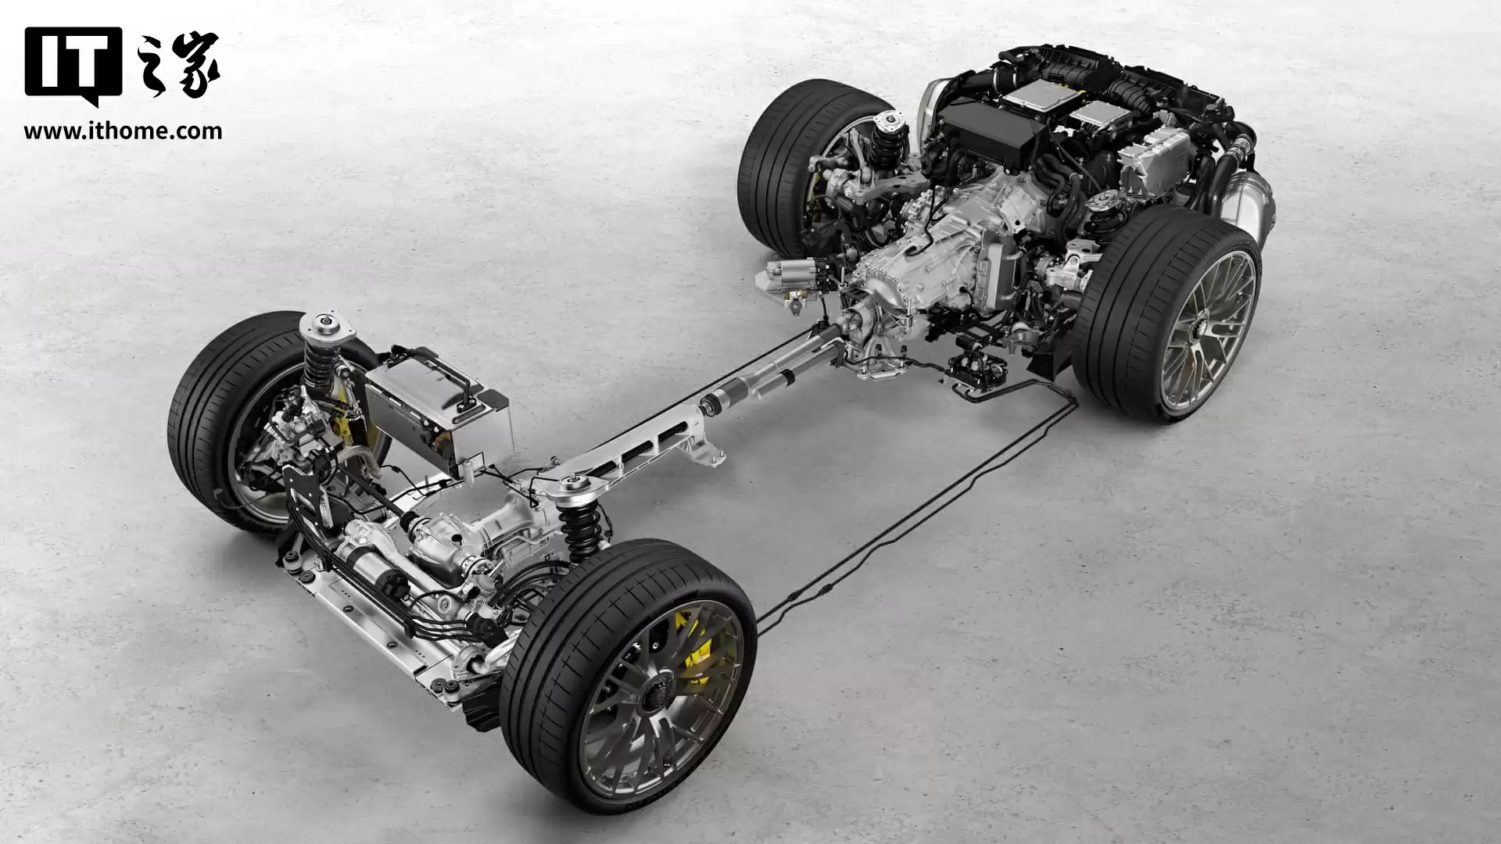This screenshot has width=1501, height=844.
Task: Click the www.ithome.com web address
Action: [123, 131]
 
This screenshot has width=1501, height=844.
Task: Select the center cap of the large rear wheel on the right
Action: [1197, 332]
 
